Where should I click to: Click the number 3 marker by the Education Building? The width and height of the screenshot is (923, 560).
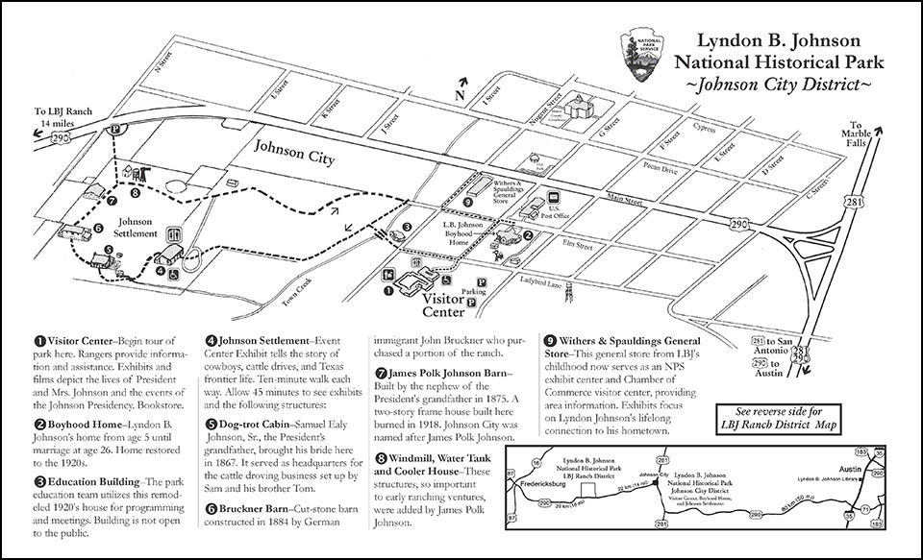407,227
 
